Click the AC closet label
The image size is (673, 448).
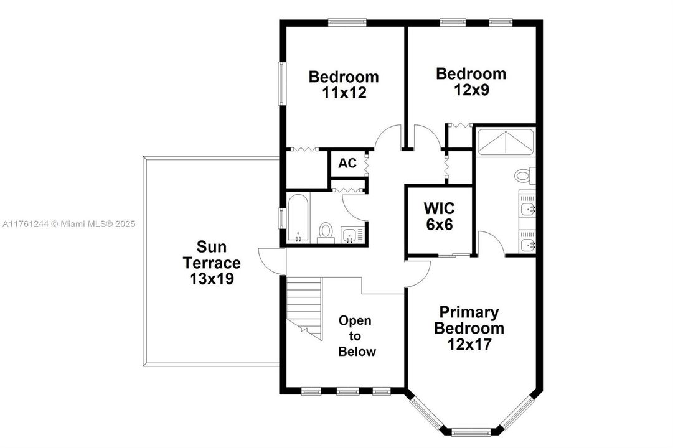tap(347, 164)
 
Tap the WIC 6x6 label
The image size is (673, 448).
tap(439, 216)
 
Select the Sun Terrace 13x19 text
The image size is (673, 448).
tap(211, 263)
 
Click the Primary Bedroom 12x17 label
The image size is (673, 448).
tap(469, 328)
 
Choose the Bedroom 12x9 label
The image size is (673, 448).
tap(471, 82)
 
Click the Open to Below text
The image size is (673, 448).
tap(356, 336)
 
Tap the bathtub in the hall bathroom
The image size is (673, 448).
tap(298, 218)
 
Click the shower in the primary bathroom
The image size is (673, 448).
tap(505, 142)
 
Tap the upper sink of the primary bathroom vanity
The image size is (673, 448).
tap(527, 209)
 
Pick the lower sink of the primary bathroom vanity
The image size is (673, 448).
tap(527, 244)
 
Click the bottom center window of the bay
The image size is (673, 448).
tap(471, 431)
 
